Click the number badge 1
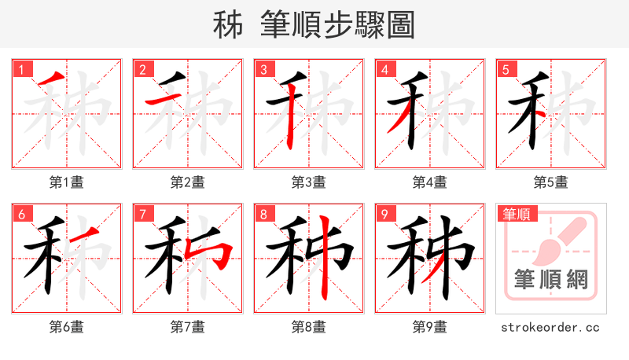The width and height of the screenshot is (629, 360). [x=21, y=70]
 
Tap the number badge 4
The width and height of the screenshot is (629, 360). [x=384, y=70]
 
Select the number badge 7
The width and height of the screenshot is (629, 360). [x=142, y=215]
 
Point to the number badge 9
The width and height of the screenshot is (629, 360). [x=384, y=215]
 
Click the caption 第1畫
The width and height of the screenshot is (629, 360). [x=67, y=182]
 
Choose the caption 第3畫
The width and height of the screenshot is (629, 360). [x=309, y=182]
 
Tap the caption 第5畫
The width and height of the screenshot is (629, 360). [x=551, y=182]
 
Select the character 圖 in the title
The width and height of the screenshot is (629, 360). [x=400, y=25]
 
